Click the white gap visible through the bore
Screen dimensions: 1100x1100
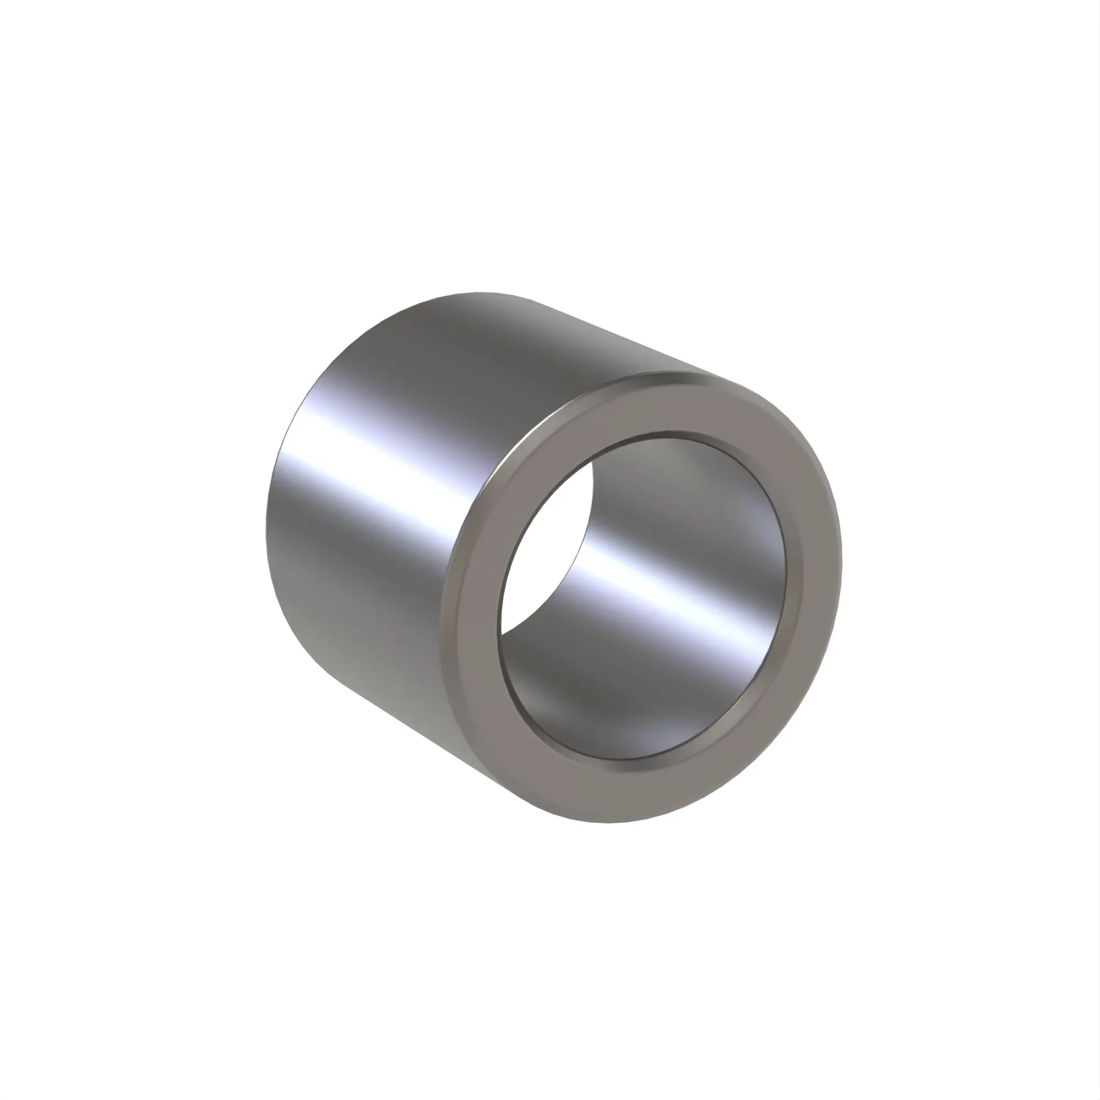(547, 547)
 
